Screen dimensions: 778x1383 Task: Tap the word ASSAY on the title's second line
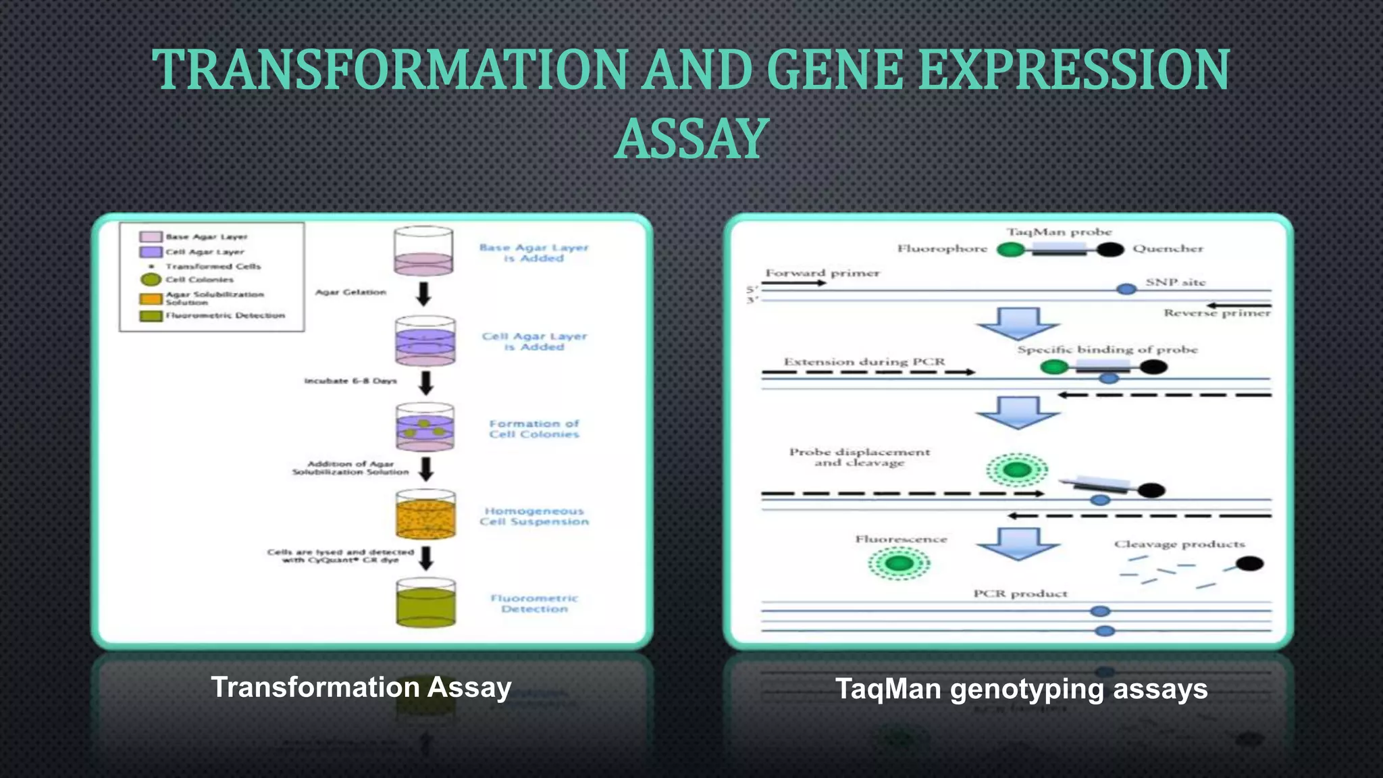click(x=691, y=139)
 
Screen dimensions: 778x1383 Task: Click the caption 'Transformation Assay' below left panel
click(x=361, y=688)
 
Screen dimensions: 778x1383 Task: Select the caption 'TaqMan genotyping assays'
click(x=1021, y=689)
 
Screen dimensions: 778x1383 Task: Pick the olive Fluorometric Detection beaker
click(x=425, y=603)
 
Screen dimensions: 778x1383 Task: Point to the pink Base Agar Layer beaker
click(x=423, y=252)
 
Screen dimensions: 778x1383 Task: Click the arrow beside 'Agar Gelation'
click(x=423, y=294)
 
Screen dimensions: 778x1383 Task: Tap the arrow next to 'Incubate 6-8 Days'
click(x=425, y=382)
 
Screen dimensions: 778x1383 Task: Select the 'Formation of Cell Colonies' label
click(x=534, y=429)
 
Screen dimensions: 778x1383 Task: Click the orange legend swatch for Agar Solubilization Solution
click(x=151, y=299)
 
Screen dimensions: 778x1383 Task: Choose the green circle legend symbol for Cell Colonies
click(x=150, y=280)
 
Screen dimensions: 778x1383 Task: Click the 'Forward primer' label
click(x=823, y=274)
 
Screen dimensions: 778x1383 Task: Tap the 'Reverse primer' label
click(x=1217, y=313)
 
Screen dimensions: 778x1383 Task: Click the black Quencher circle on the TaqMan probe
click(x=1110, y=250)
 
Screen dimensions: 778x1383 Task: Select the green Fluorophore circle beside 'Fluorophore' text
click(x=1010, y=250)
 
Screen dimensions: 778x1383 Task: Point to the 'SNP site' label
click(x=1175, y=282)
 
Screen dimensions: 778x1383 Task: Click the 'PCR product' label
click(x=1020, y=594)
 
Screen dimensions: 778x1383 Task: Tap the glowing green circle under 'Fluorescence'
click(x=899, y=563)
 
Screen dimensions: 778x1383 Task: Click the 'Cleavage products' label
click(x=1179, y=544)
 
